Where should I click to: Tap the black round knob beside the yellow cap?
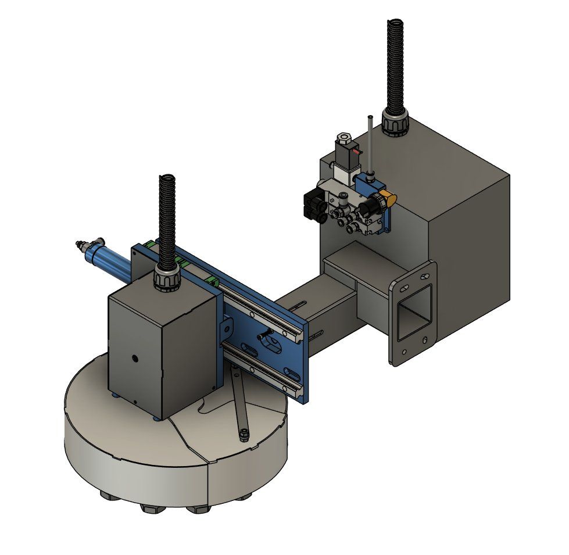371,207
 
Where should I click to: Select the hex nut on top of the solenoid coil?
343,139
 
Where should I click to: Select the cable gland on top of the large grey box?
395,124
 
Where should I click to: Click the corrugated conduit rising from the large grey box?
395,64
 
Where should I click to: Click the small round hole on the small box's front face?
135,359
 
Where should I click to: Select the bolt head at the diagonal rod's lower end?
244,434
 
